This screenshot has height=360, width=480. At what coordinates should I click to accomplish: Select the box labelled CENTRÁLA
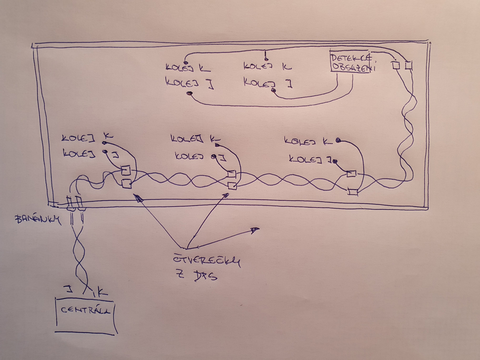(x=86, y=314)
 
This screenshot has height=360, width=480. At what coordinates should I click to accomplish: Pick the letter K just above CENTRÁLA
(x=100, y=291)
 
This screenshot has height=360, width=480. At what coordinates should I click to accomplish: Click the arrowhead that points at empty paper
(x=255, y=230)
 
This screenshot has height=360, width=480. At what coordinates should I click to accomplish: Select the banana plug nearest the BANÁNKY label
(x=70, y=204)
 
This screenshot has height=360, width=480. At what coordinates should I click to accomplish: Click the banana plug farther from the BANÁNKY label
(x=80, y=204)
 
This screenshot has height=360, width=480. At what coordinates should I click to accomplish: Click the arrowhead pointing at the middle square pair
(x=226, y=194)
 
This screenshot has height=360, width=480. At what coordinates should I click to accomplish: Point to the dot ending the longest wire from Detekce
(x=190, y=93)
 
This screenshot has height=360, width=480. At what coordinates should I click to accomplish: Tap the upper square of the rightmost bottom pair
(x=351, y=174)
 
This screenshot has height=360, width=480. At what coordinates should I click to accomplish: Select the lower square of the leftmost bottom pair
(x=127, y=183)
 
